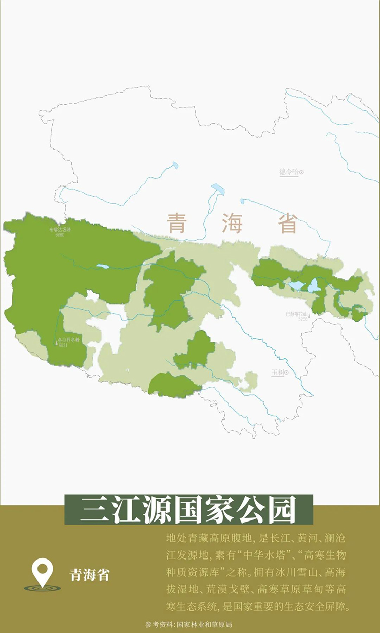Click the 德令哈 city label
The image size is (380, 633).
pyautogui.click(x=289, y=172)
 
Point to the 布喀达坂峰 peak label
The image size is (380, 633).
pyautogui.click(x=60, y=230)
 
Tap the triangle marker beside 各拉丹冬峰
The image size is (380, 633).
pyautogui.click(x=56, y=343)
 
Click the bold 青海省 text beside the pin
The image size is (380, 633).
pyautogui.click(x=90, y=575)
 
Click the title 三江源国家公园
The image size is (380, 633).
pyautogui.click(x=188, y=509)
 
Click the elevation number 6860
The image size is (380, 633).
pyautogui.click(x=60, y=235)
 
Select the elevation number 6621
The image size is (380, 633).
pyautogui.click(x=63, y=346)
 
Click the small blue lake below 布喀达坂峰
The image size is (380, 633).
pyautogui.click(x=103, y=266)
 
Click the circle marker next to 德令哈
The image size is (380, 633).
pyautogui.click(x=302, y=172)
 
